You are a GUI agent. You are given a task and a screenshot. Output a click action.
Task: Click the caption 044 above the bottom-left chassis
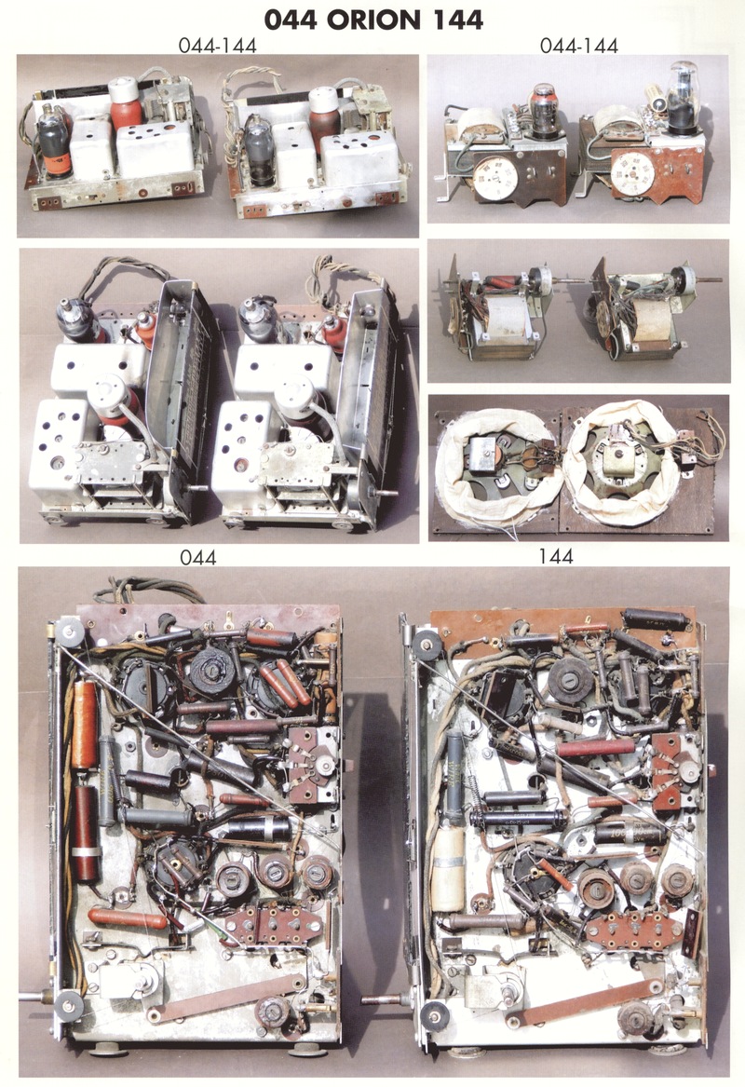198,557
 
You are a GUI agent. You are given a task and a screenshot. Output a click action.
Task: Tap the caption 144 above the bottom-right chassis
556,556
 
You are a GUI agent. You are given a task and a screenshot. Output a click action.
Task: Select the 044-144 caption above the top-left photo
218,45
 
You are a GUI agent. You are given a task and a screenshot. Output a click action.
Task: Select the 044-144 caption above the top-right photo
578,45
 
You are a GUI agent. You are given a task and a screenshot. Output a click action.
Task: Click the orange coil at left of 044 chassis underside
84,725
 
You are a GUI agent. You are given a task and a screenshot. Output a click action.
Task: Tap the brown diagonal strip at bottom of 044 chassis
226,999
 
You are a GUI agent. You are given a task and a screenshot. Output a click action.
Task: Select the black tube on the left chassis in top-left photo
55,140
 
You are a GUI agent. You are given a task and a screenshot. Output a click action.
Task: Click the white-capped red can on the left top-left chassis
126,102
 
